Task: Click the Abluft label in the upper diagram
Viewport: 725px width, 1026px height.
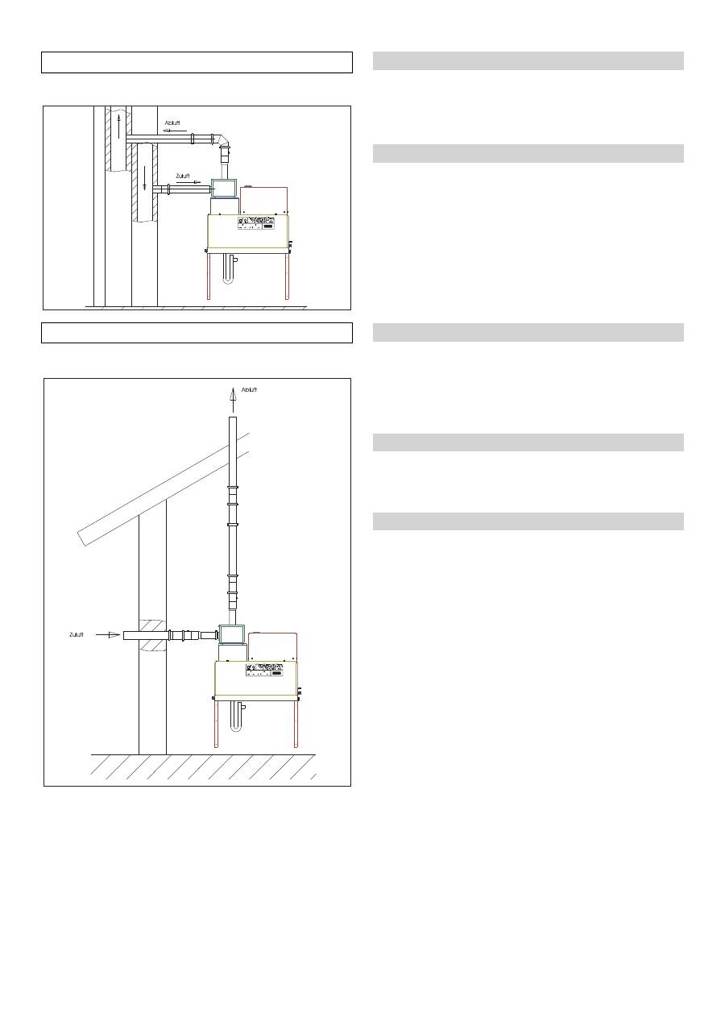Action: pyautogui.click(x=173, y=123)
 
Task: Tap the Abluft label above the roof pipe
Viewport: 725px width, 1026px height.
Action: pyautogui.click(x=249, y=389)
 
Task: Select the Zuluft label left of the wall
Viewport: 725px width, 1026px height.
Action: pyautogui.click(x=76, y=635)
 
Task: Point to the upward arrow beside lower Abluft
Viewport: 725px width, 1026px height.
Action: pyautogui.click(x=233, y=395)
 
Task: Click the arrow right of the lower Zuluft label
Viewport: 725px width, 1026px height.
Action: pyautogui.click(x=108, y=635)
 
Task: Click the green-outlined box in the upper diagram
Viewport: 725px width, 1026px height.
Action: pyautogui.click(x=223, y=188)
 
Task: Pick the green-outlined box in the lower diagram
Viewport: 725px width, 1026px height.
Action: pyautogui.click(x=233, y=635)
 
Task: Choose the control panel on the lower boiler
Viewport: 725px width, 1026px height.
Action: pyautogui.click(x=266, y=670)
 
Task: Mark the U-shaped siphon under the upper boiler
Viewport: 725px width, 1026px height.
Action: pyautogui.click(x=230, y=269)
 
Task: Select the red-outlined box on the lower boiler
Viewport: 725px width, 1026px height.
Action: pyautogui.click(x=272, y=646)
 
